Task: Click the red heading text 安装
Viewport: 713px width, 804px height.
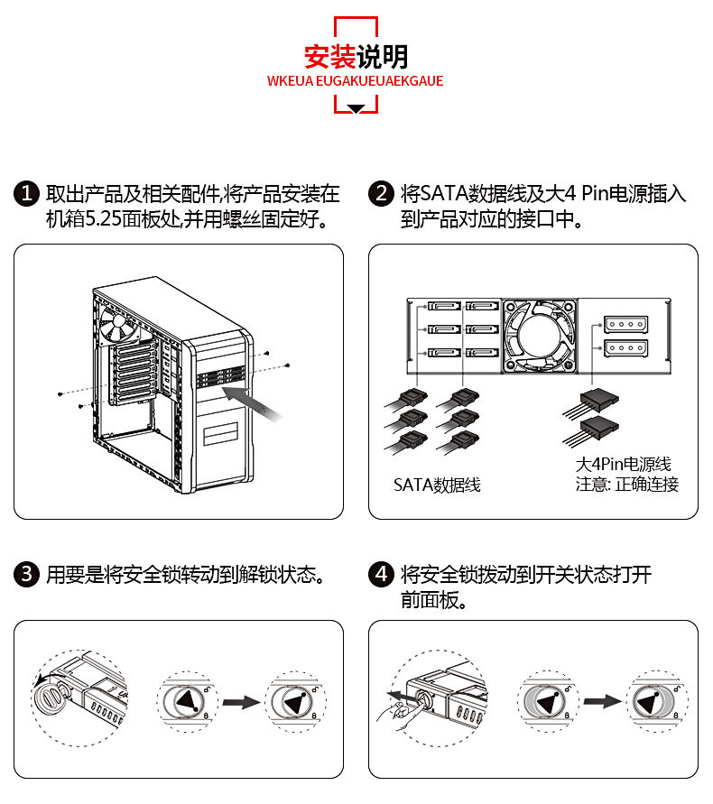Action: coord(329,57)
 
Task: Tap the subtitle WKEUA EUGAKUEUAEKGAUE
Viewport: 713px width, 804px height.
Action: coord(356,80)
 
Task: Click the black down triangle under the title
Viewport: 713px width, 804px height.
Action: coord(356,108)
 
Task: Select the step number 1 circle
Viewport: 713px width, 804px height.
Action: coord(27,194)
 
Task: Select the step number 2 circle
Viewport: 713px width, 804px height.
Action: coord(382,194)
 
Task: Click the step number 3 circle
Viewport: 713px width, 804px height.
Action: coord(27,574)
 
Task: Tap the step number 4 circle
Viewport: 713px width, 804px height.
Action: coord(382,574)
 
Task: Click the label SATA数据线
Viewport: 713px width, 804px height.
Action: coord(437,485)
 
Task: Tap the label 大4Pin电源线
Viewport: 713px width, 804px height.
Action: coord(624,465)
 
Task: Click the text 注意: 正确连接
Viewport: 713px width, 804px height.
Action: coord(627,485)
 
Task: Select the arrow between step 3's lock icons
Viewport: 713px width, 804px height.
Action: coord(241,701)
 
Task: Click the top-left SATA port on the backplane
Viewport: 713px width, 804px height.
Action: coord(442,309)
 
